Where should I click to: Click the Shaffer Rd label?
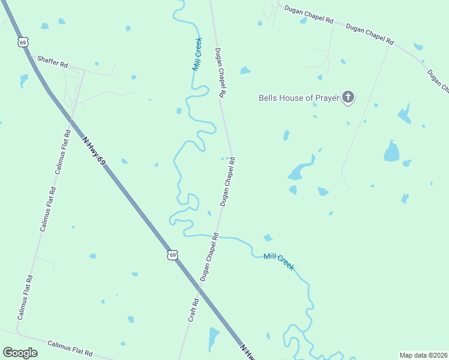click(x=53, y=61)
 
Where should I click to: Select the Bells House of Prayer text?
click(x=298, y=97)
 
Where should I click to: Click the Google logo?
click(x=20, y=353)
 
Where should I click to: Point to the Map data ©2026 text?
click(x=423, y=355)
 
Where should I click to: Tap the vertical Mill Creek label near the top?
click(x=197, y=54)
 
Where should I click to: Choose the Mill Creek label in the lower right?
click(x=279, y=261)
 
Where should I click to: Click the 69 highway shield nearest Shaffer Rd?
click(x=23, y=42)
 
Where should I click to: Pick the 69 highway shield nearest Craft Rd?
click(x=172, y=255)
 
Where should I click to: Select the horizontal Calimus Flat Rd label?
click(x=70, y=349)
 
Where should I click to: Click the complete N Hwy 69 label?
click(x=94, y=150)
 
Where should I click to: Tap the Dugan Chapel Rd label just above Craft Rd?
click(x=209, y=258)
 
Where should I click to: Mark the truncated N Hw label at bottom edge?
click(x=249, y=352)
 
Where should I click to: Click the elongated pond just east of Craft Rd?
click(x=214, y=338)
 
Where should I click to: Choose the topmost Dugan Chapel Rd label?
click(x=309, y=14)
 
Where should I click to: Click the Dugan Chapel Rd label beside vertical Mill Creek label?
click(x=220, y=73)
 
